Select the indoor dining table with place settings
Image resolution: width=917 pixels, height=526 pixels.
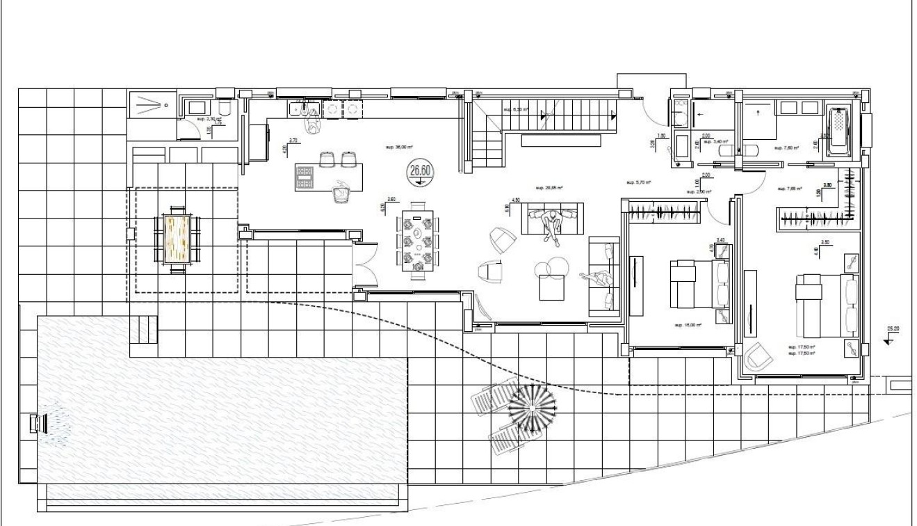[x=418, y=241]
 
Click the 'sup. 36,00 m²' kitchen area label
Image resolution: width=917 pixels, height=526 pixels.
[x=398, y=148]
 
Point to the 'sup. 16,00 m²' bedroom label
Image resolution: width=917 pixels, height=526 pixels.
[x=687, y=324]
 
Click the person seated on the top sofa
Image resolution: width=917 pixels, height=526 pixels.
[x=553, y=224]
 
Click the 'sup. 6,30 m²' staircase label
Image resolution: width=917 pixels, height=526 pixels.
[x=517, y=109]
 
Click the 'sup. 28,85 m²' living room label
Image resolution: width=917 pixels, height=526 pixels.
[x=549, y=188]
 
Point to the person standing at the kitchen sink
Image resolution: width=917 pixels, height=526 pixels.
[x=312, y=123]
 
